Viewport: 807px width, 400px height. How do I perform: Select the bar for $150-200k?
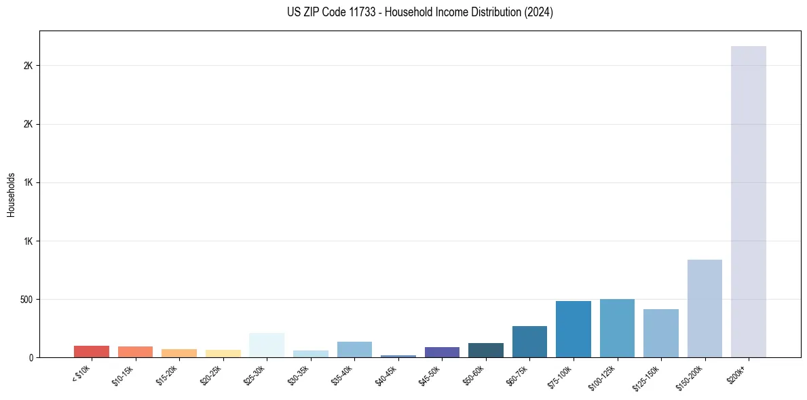(x=705, y=308)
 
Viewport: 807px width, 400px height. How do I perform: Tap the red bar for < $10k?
(x=92, y=351)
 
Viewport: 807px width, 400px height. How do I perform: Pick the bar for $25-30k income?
(x=267, y=345)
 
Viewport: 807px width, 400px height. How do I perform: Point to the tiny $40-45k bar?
(x=398, y=356)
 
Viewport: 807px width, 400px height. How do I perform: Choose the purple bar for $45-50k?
(x=442, y=352)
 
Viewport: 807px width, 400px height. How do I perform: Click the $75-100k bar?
(x=574, y=329)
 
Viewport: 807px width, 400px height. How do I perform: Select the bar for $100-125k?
(x=617, y=328)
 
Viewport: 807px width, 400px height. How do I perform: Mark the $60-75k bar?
(x=529, y=342)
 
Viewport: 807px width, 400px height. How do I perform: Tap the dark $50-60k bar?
(x=486, y=350)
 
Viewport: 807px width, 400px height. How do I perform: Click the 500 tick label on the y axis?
(x=26, y=299)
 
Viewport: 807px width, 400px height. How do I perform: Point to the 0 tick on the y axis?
(x=31, y=357)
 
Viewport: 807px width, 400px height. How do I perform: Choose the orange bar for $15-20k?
(x=179, y=353)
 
